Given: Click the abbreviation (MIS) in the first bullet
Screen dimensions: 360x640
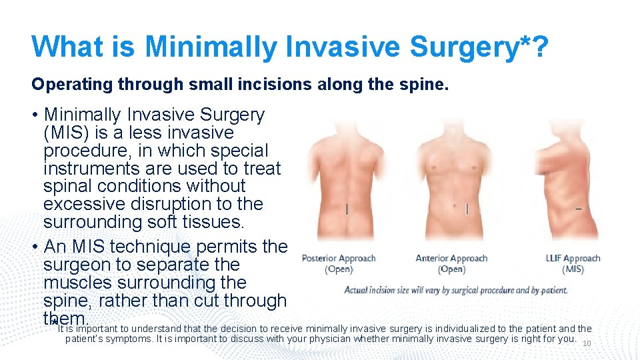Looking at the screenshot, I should [64, 133].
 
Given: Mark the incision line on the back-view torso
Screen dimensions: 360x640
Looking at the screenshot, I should [347, 209].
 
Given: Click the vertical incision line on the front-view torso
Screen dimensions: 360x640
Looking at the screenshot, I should [467, 209].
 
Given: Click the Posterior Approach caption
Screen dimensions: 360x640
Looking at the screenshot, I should [339, 263].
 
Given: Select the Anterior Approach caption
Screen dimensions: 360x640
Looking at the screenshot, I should [451, 263].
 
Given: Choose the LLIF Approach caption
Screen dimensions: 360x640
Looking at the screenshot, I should [573, 263].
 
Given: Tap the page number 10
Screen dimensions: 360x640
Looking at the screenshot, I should [587, 344].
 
